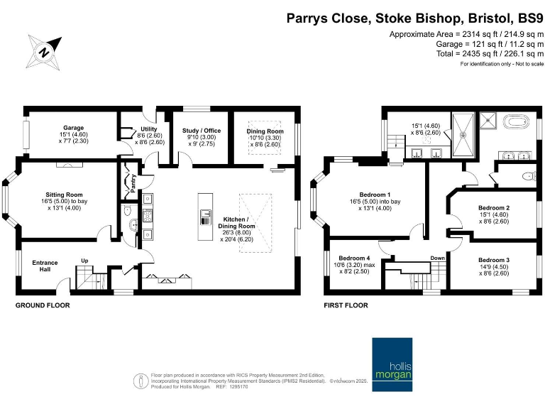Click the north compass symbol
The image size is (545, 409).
point(44,52)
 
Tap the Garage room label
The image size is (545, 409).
point(73,128)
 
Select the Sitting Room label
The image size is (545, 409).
point(64,195)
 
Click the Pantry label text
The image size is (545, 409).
point(133,183)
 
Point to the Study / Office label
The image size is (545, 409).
point(202,131)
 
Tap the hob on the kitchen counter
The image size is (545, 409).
point(148,216)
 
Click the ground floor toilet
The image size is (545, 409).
point(128,210)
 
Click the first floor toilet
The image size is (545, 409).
point(529,176)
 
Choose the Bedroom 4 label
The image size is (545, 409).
point(354,258)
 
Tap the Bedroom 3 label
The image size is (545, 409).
point(494,260)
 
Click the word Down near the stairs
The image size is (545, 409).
point(438,258)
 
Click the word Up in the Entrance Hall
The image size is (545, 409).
point(84,261)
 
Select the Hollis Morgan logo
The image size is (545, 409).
point(392,364)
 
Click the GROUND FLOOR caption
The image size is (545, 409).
point(43,305)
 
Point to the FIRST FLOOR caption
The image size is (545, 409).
point(346,305)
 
